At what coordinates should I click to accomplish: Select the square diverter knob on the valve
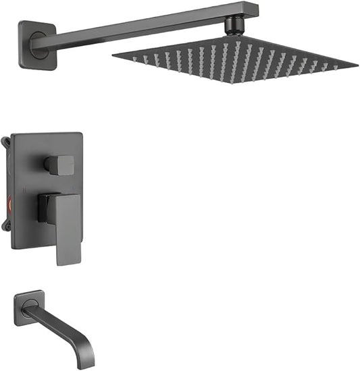[x=60, y=164]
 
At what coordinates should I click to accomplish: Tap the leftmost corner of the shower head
[x=113, y=57]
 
